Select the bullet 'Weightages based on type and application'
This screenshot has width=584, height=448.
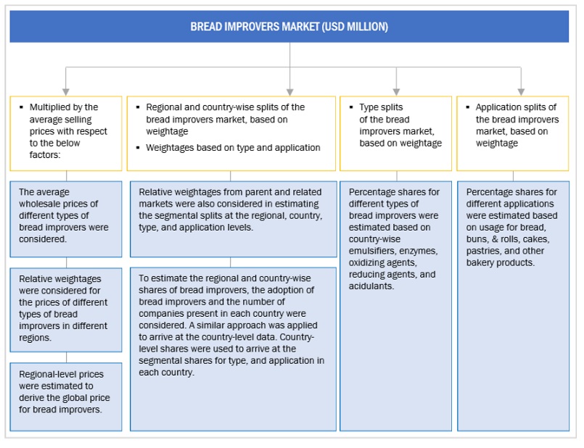coord(233,147)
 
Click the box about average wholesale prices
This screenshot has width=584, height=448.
coord(66,218)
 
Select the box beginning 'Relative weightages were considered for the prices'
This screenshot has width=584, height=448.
coord(66,308)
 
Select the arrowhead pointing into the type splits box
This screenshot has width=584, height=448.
coord(396,92)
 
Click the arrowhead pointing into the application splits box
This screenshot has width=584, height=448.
coord(520,92)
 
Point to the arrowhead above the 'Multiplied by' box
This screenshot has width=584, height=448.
coord(66,92)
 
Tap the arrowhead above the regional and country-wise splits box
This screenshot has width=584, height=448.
coord(289,92)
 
